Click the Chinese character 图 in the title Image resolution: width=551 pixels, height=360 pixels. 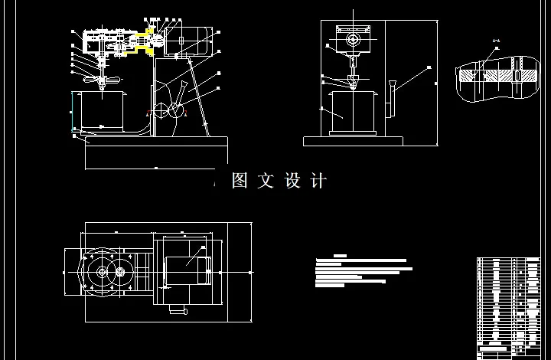240,181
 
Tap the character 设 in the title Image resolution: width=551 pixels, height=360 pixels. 292,181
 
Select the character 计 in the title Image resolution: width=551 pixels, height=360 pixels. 318,181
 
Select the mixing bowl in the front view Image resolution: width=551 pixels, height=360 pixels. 352,112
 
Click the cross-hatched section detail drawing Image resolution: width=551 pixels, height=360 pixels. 497,77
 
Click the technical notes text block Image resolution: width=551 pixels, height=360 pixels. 363,270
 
